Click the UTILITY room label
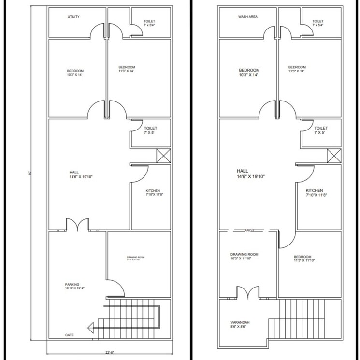[x=73, y=17]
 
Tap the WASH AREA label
[x=247, y=17]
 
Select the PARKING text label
[x=72, y=285]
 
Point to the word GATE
[x=70, y=335]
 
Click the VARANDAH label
[x=240, y=323]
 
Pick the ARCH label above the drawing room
[x=249, y=231]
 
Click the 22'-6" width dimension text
[x=109, y=352]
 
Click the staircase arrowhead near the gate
[x=90, y=329]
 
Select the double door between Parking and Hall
[x=77, y=225]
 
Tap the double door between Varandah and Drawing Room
[x=247, y=293]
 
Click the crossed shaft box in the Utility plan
[x=163, y=156]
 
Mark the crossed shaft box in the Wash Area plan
[x=334, y=156]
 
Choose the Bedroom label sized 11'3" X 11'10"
[x=302, y=259]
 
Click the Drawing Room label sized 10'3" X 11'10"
[x=244, y=257]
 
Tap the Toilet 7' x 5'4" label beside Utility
[x=150, y=24]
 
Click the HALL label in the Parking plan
[x=74, y=174]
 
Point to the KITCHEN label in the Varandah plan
[x=314, y=193]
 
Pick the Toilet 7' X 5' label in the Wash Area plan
[x=321, y=130]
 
